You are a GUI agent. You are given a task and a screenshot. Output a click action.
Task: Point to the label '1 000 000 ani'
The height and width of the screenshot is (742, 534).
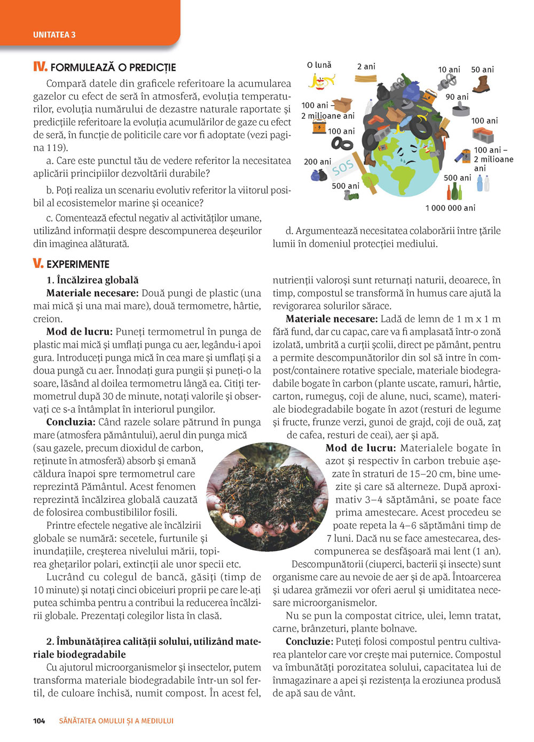pos(450,208)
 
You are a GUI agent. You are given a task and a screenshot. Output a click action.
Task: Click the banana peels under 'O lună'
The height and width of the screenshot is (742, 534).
pos(321,81)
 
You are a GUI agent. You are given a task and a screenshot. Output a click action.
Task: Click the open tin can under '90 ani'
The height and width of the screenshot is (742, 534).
pos(461,110)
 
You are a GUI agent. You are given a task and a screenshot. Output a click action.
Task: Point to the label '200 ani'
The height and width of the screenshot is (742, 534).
pos(317,162)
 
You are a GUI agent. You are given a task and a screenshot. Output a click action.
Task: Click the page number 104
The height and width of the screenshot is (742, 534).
pos(39,721)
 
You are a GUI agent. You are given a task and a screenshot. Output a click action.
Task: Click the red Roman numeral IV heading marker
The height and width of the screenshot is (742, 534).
pos(40,67)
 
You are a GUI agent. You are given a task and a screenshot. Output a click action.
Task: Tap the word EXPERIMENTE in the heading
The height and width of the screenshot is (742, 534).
pos(78,264)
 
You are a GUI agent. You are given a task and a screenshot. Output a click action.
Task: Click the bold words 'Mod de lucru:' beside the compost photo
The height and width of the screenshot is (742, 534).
pos(360,448)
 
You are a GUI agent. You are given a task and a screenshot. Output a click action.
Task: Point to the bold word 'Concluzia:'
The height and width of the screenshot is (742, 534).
pos(70,422)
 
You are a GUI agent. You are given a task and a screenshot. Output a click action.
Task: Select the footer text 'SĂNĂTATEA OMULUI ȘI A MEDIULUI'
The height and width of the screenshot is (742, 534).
pos(116,721)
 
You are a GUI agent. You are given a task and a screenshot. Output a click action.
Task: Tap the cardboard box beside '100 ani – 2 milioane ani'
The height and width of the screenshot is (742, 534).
pos(342,105)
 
